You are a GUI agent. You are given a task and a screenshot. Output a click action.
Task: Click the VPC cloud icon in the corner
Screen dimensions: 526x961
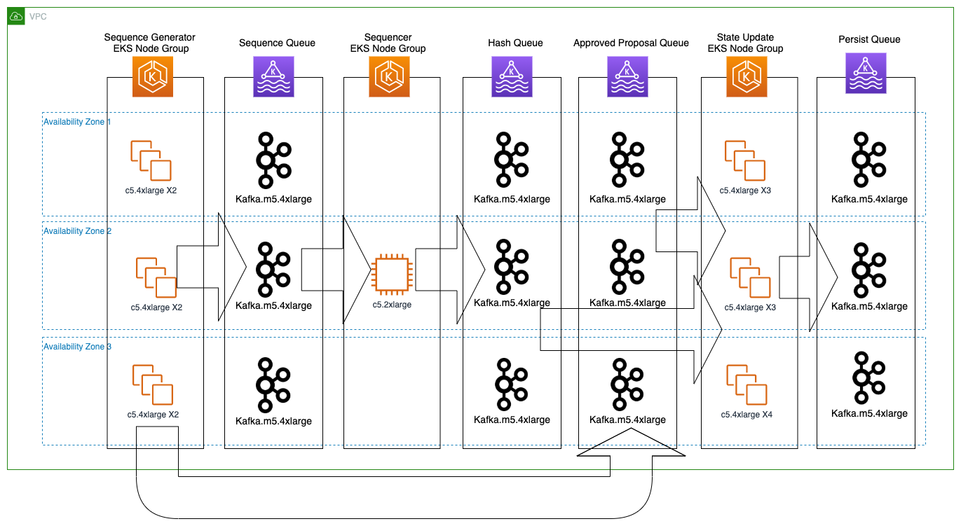(18, 17)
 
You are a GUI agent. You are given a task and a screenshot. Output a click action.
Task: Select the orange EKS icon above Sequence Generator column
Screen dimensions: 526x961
(153, 76)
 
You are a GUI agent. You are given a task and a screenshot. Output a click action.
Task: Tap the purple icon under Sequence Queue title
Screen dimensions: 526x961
(273, 76)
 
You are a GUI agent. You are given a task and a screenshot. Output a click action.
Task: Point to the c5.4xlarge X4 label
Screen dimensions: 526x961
(747, 415)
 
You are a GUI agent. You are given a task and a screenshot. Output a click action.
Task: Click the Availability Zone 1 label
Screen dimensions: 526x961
(77, 122)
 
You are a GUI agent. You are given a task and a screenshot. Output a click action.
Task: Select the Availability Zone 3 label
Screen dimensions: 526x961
(77, 347)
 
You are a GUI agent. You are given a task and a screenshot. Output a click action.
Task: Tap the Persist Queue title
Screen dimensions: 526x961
(868, 40)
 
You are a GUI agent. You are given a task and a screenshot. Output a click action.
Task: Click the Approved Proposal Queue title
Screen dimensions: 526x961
(631, 43)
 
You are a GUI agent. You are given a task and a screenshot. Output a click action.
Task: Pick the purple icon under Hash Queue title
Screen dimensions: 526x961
(511, 76)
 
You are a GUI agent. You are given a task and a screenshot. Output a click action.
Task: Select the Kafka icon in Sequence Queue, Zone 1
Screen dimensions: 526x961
(273, 160)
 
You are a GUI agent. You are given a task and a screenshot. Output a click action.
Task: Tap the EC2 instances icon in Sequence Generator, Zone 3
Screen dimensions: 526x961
(153, 385)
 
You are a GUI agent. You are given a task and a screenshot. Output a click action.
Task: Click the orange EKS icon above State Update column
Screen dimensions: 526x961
(747, 76)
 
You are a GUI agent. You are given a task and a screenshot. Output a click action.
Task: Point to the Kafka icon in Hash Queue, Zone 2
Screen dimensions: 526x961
(511, 267)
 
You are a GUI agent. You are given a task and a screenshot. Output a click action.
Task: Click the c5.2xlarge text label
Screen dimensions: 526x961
(392, 305)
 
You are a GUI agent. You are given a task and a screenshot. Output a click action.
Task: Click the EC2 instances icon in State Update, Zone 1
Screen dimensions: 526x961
(744, 160)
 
